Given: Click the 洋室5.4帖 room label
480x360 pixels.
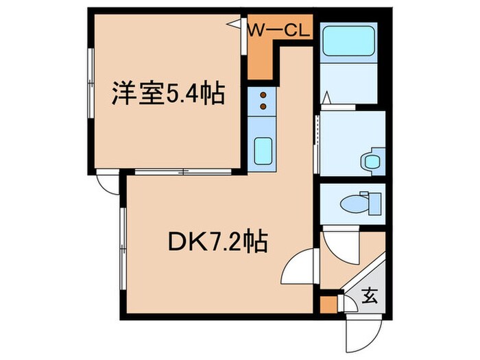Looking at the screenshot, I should click(x=169, y=95).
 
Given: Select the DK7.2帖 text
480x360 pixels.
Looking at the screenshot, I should click(x=217, y=242).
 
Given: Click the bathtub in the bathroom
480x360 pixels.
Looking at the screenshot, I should click(x=348, y=41).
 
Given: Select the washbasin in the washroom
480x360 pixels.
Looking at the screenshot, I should click(x=372, y=161).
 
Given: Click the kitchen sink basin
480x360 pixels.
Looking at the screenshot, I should click(x=262, y=151).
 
